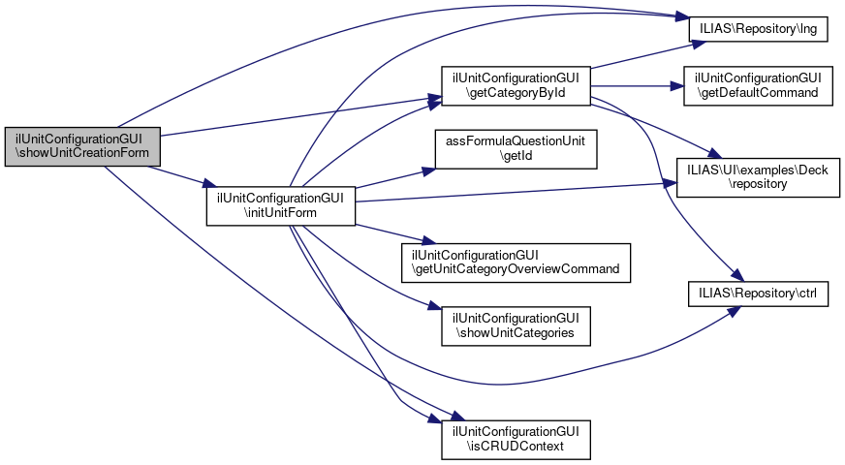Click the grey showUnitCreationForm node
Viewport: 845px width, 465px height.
[x=81, y=145]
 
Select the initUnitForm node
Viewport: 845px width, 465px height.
[x=281, y=202]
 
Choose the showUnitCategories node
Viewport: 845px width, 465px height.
[x=516, y=325]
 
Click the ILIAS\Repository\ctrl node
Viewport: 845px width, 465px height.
[x=759, y=292]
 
